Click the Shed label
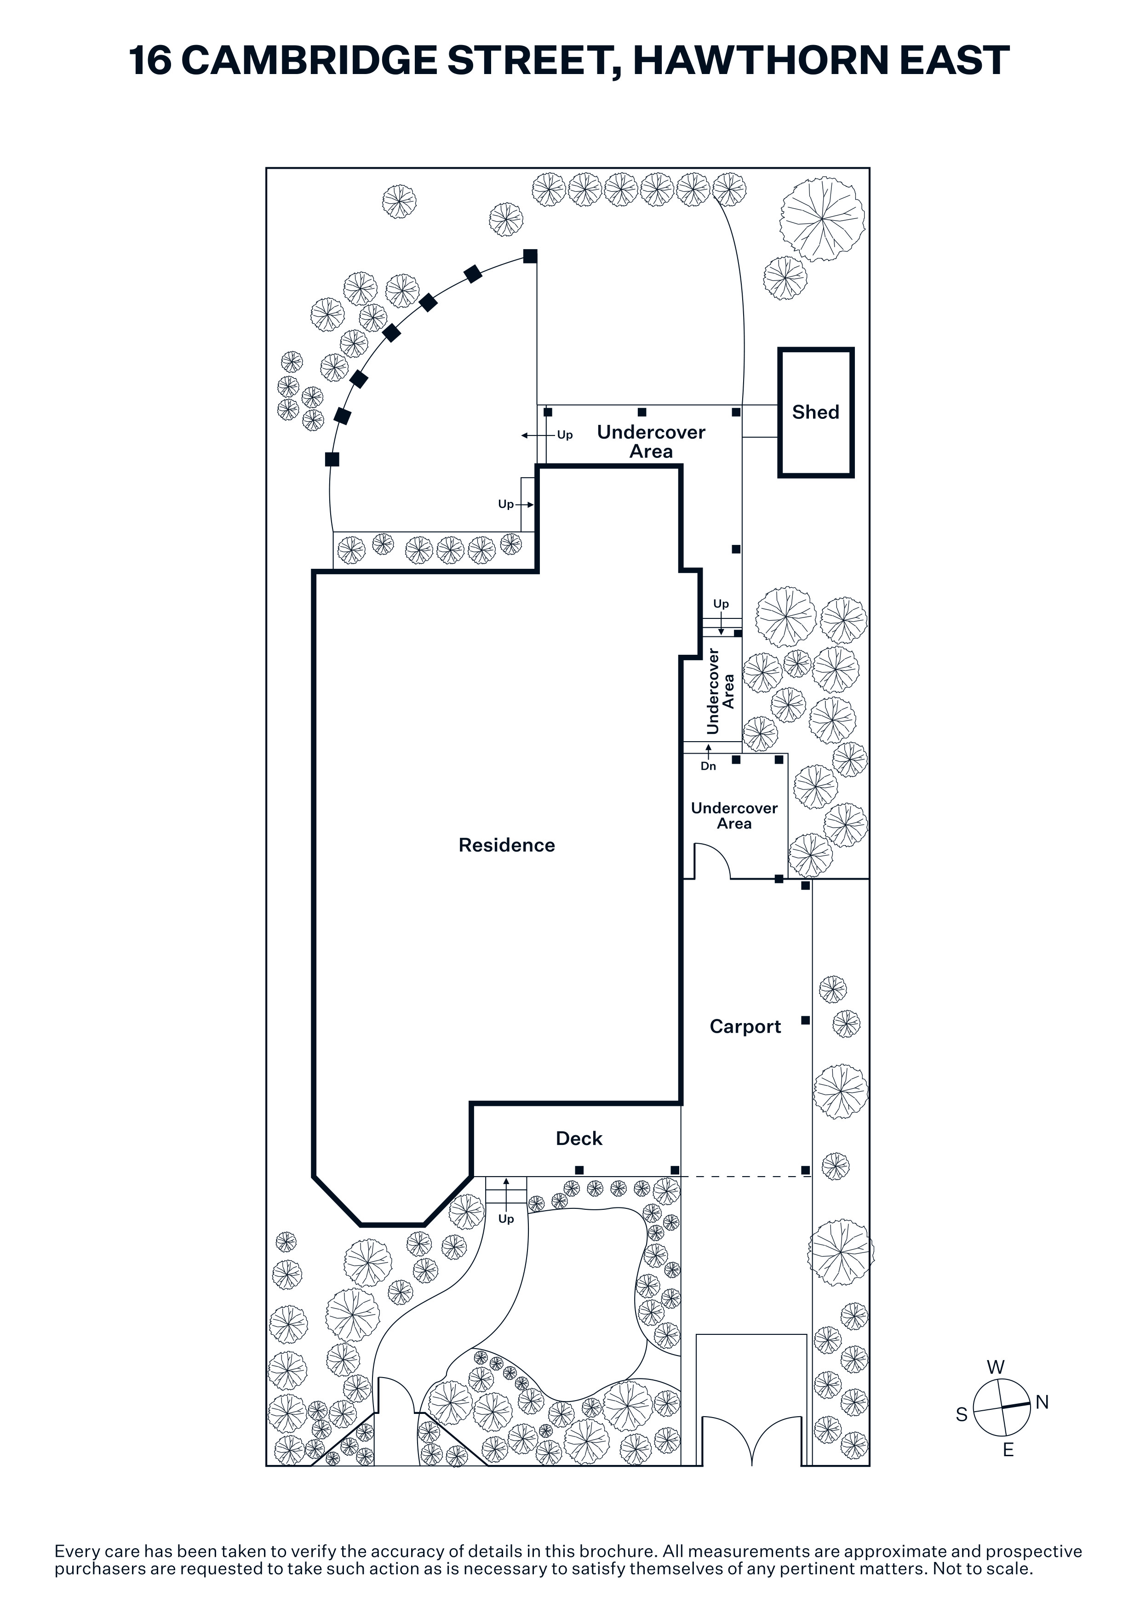pos(815,412)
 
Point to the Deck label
pos(579,1139)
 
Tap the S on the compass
pos(962,1415)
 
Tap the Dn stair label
pos(708,766)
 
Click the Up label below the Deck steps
pos(506,1219)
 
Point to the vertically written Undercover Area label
pos(720,691)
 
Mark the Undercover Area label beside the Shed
pos(651,442)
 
